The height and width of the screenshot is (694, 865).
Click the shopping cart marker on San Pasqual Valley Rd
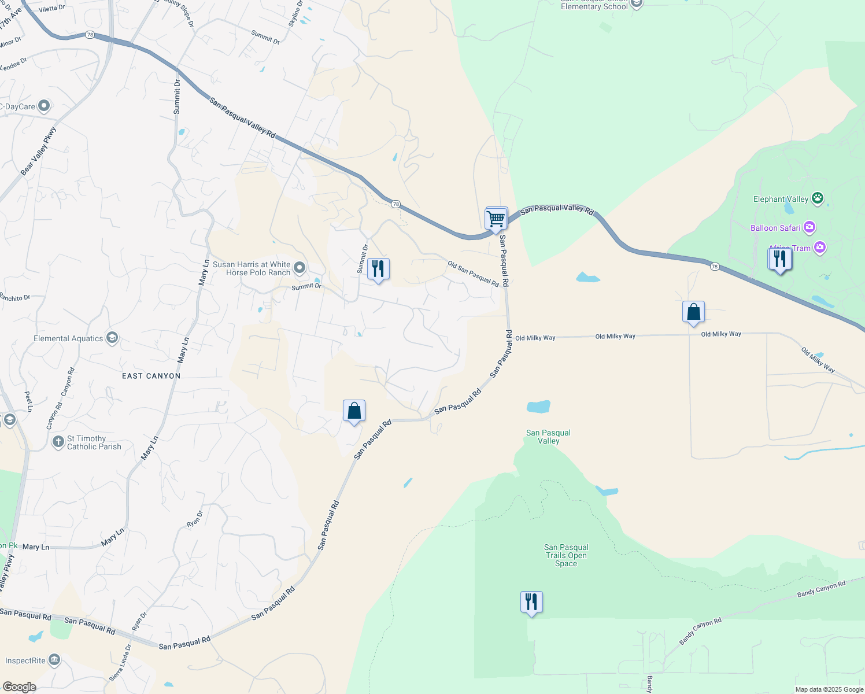tap(496, 219)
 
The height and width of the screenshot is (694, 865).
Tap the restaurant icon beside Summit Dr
tap(378, 270)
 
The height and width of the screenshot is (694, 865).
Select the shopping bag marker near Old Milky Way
tap(693, 313)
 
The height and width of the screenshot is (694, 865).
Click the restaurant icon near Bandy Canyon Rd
tap(531, 603)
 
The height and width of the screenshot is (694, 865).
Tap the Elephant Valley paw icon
tap(818, 199)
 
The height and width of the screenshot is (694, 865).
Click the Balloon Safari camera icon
tap(809, 227)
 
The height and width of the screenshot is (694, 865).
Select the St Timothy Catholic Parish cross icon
tap(58, 442)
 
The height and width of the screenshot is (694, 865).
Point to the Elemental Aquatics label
tap(68, 338)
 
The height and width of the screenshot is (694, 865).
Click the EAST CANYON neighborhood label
tap(151, 376)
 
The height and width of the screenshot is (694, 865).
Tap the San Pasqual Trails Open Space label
tap(566, 555)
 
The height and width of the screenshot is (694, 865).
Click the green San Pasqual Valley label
tap(548, 437)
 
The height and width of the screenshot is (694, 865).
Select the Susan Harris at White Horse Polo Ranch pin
tap(300, 268)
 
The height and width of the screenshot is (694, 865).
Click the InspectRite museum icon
tap(54, 660)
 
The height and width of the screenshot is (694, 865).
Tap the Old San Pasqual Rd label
tap(473, 274)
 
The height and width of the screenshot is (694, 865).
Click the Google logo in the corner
tap(19, 687)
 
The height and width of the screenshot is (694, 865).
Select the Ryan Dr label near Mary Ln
tap(195, 518)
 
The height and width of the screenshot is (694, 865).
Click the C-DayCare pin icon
tap(44, 106)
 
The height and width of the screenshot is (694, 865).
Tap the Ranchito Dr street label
tap(14, 298)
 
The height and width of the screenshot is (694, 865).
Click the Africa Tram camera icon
tap(819, 248)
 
